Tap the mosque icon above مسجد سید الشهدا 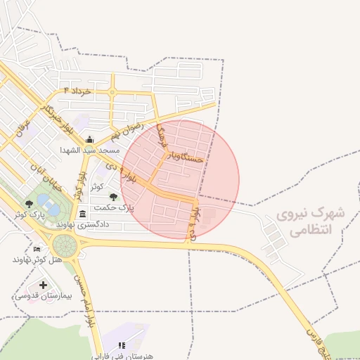[x=90, y=140]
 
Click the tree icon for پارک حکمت [x=113, y=198]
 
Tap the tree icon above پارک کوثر [x=29, y=203]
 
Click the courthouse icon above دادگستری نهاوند [x=83, y=214]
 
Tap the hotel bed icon [x=37, y=249]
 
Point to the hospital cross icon [x=44, y=285]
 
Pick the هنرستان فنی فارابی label [x=122, y=356]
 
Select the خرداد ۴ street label [x=78, y=91]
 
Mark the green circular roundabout [x=65, y=246]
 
